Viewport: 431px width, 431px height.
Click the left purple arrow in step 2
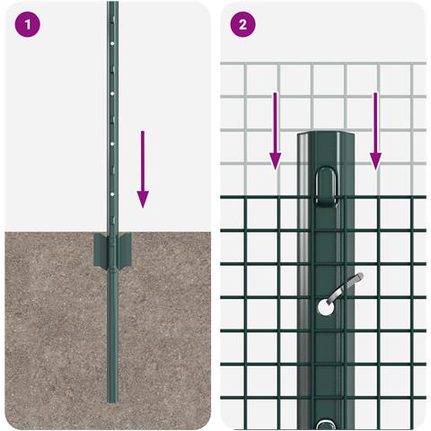tap(276, 130)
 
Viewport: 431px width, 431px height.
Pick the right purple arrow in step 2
tap(375, 130)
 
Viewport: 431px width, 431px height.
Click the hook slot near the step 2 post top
tap(324, 186)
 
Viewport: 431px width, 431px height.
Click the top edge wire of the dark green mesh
tap(260, 198)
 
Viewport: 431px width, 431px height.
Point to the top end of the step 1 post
tap(112, 4)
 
